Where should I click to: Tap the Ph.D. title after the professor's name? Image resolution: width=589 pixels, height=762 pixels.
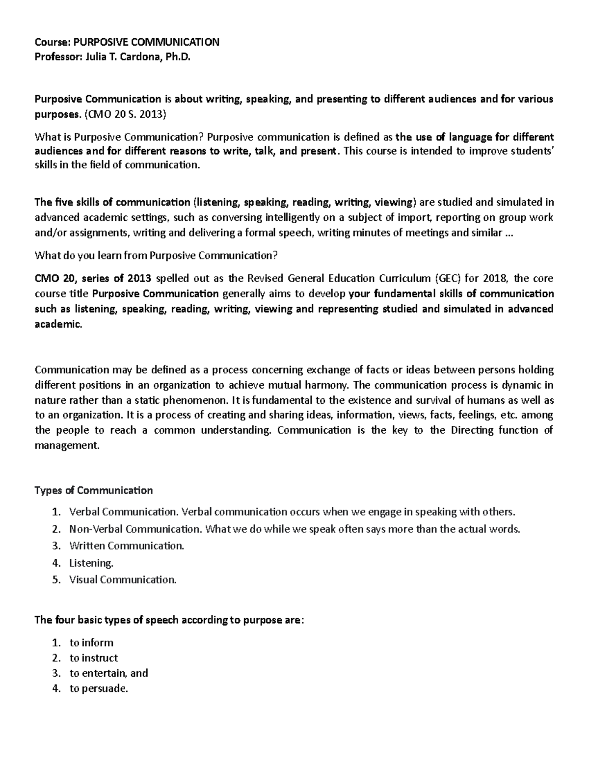177,57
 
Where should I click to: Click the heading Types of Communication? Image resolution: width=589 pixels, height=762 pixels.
94,491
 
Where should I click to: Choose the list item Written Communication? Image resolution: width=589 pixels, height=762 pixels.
127,546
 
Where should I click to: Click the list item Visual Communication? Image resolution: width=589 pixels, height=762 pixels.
123,579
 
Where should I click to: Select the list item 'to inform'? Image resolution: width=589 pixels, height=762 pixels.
91,643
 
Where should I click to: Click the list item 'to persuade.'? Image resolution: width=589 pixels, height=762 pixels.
99,688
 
